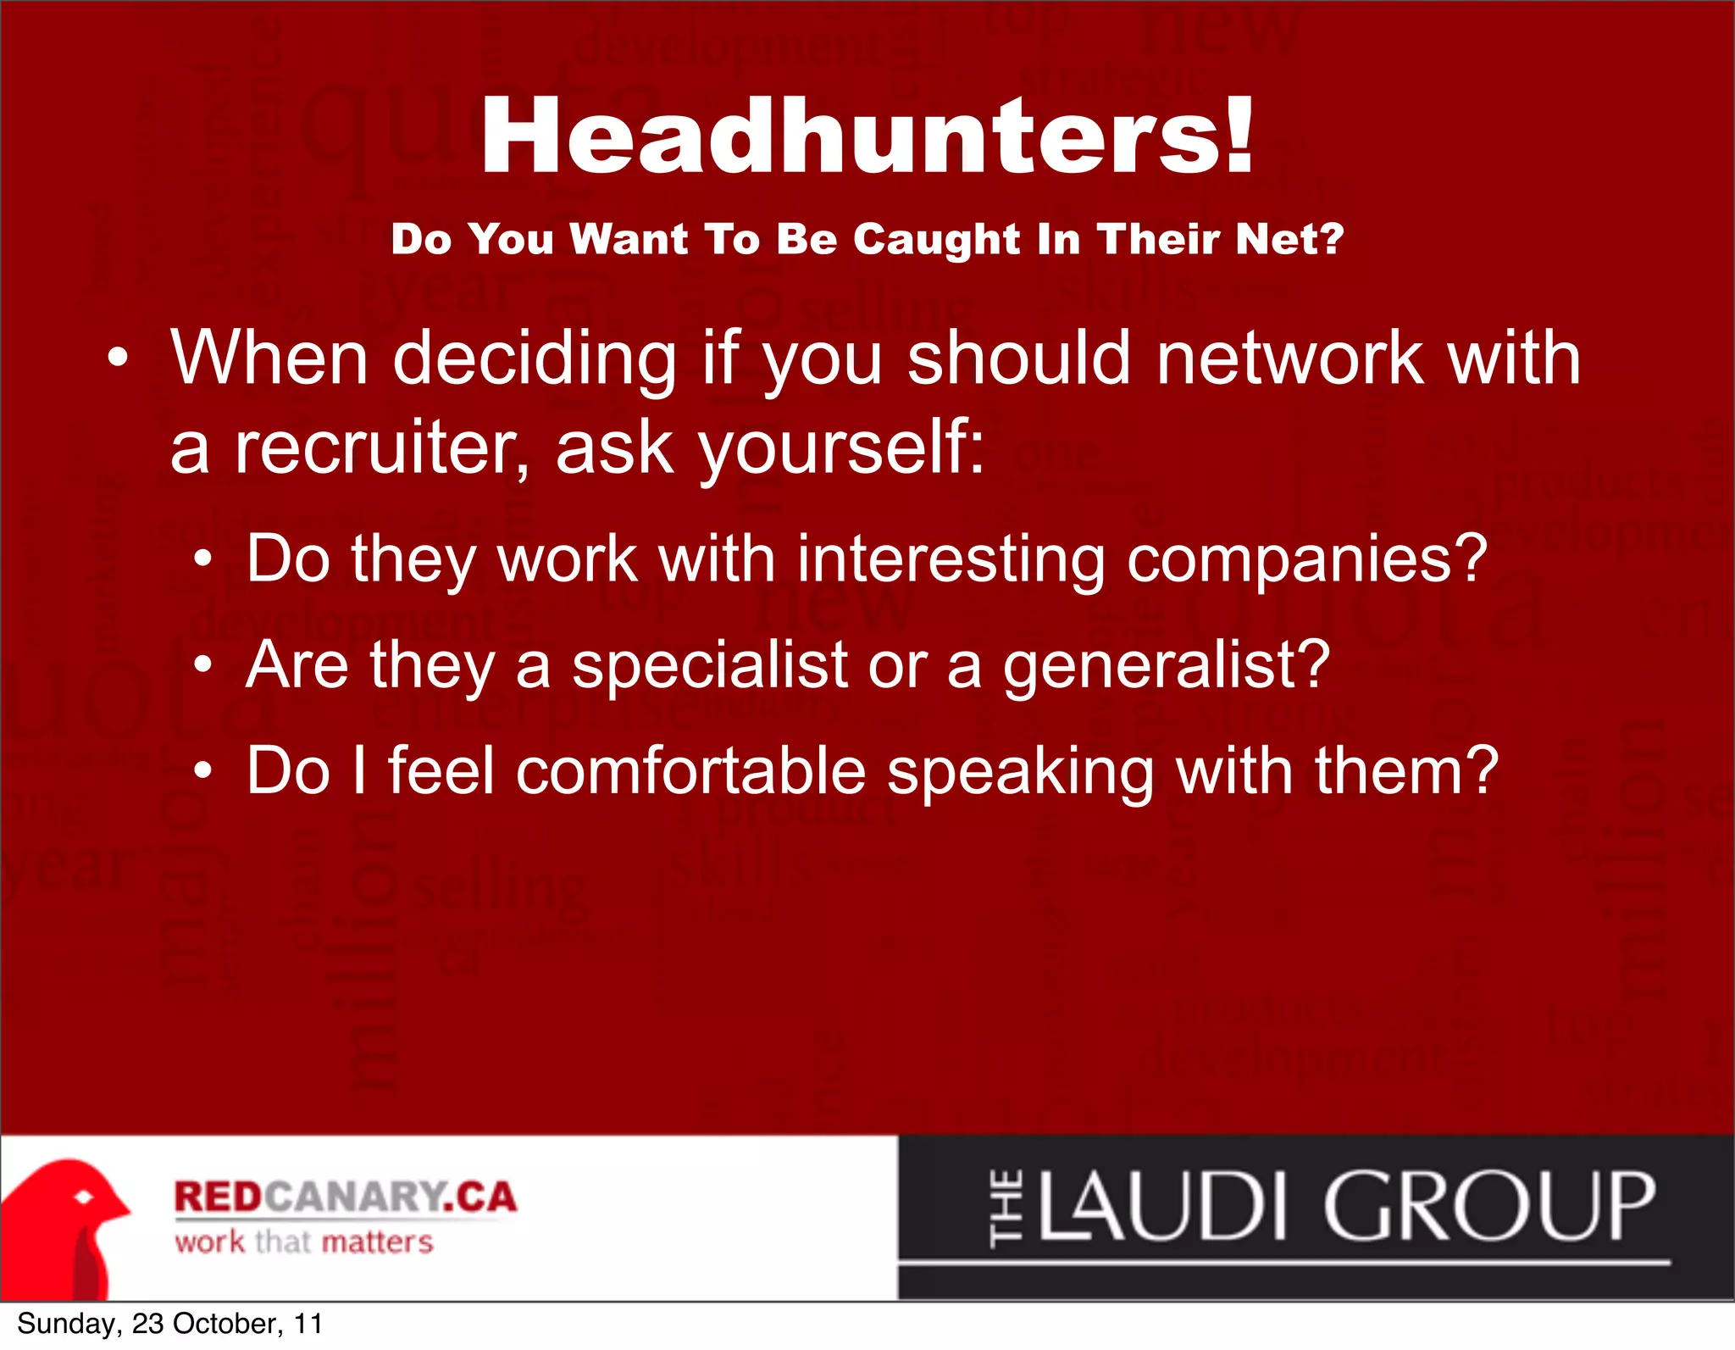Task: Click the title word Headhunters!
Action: (867, 136)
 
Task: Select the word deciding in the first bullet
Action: (534, 358)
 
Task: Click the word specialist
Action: (710, 665)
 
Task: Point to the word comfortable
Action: (690, 771)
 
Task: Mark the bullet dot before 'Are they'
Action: (202, 666)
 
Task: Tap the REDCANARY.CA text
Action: (345, 1197)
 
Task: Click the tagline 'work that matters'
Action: (304, 1242)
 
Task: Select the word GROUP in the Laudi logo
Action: (1488, 1206)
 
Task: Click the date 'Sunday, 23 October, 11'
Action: (169, 1324)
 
